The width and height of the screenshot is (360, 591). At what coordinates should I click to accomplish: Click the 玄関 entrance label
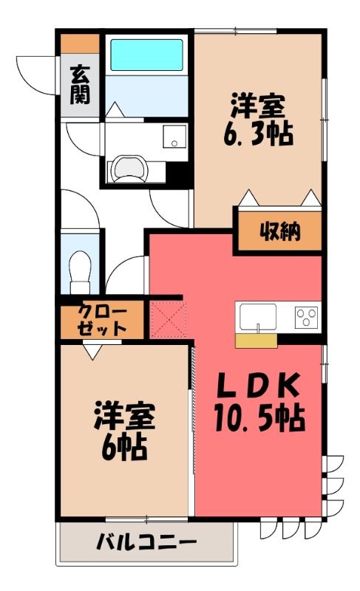[80, 84]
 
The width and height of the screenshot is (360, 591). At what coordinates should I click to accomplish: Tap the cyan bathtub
[146, 55]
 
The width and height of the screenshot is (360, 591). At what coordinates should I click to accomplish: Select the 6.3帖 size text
[258, 134]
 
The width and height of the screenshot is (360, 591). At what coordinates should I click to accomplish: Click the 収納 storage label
[280, 231]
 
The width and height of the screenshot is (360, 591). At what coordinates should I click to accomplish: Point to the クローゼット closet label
[102, 320]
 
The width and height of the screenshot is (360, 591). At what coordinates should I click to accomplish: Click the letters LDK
[260, 385]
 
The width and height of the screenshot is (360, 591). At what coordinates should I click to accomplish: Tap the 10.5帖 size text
[259, 417]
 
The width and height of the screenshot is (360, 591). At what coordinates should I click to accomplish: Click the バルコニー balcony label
[146, 543]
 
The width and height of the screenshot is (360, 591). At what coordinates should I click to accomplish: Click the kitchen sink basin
[258, 316]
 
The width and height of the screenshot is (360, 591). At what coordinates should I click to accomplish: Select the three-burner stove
[306, 317]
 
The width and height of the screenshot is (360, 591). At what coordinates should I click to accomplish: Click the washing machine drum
[129, 168]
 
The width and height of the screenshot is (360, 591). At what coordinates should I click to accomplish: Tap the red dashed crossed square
[169, 319]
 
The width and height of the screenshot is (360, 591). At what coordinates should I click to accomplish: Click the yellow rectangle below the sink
[257, 341]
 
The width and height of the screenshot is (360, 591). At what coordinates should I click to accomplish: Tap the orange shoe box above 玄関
[80, 44]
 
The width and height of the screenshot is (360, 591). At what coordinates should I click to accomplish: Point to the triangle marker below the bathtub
[115, 109]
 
